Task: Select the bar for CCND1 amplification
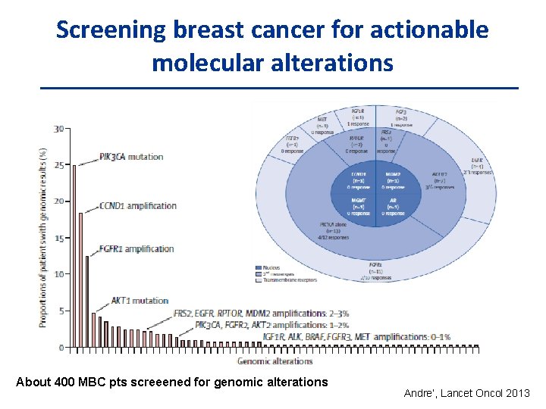click(x=81, y=279)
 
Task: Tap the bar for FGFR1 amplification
click(x=87, y=301)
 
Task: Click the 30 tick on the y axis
click(x=58, y=129)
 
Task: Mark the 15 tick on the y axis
click(x=58, y=238)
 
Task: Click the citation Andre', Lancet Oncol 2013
click(x=467, y=393)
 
